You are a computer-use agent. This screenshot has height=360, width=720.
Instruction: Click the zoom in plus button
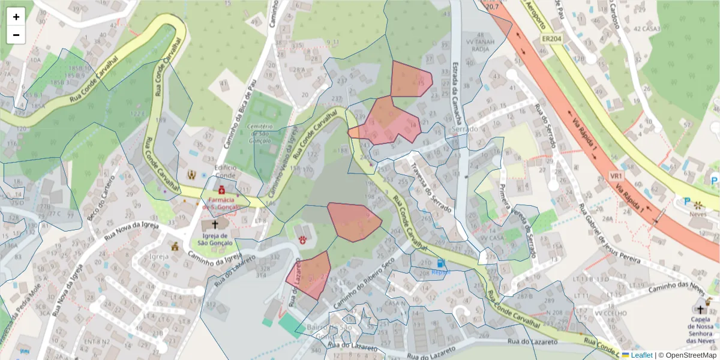[x=16, y=17]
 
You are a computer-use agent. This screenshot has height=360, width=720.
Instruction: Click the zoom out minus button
[x=16, y=35]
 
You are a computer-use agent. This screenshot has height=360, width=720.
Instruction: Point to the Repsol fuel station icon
[x=441, y=263]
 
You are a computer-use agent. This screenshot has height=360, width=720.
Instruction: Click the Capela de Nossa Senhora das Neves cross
[x=700, y=310]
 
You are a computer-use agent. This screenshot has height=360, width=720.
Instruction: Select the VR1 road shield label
[x=616, y=176]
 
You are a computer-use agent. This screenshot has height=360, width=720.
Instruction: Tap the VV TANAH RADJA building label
[x=481, y=46]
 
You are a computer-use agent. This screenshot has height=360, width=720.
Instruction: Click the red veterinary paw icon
[x=303, y=239]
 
